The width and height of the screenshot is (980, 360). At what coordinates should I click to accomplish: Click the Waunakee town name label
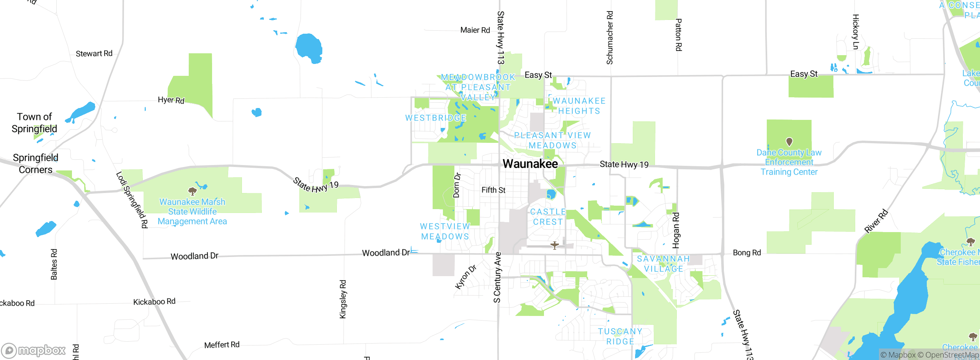point(530,164)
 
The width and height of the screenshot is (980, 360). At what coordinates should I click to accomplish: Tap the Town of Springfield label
point(34,123)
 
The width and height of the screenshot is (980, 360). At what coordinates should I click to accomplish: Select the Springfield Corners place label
point(35,164)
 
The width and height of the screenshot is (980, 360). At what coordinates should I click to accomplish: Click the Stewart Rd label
point(94,54)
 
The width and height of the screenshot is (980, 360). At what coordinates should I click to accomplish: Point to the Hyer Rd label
point(171,100)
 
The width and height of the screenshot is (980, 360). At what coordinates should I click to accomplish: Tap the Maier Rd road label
point(475,30)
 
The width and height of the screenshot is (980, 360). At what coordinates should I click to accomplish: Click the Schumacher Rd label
point(609,38)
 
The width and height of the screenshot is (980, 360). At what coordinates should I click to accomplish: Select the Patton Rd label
point(678,35)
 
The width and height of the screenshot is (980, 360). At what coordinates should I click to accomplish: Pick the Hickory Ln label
point(856,32)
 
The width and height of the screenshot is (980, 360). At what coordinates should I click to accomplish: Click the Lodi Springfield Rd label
point(132,200)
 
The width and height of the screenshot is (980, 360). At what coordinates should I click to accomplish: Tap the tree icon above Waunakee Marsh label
point(193,191)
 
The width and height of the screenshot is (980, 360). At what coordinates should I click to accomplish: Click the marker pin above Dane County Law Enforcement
point(789,142)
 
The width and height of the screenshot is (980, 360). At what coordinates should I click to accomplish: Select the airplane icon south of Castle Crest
point(554,245)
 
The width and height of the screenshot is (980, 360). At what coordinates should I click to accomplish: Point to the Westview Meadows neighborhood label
point(445,232)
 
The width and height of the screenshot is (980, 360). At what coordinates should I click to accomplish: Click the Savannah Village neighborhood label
point(663,264)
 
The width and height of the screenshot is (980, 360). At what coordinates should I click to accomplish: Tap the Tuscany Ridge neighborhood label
point(620,336)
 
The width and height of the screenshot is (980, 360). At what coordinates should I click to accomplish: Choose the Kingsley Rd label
point(343,299)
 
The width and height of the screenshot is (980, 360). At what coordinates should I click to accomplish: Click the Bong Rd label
point(747,253)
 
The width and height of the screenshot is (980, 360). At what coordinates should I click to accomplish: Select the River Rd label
point(876,221)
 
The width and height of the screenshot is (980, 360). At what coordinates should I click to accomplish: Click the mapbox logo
point(34,350)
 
